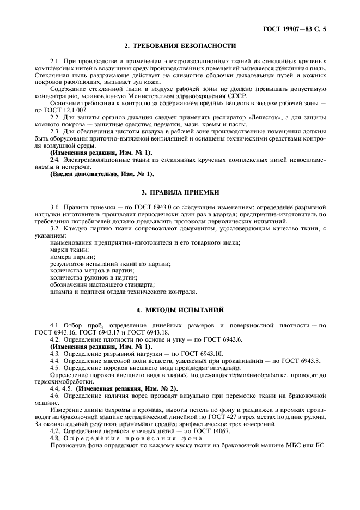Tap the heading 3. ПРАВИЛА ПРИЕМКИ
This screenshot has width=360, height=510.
180,193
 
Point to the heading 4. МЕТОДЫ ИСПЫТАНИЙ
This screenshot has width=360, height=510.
180,310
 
